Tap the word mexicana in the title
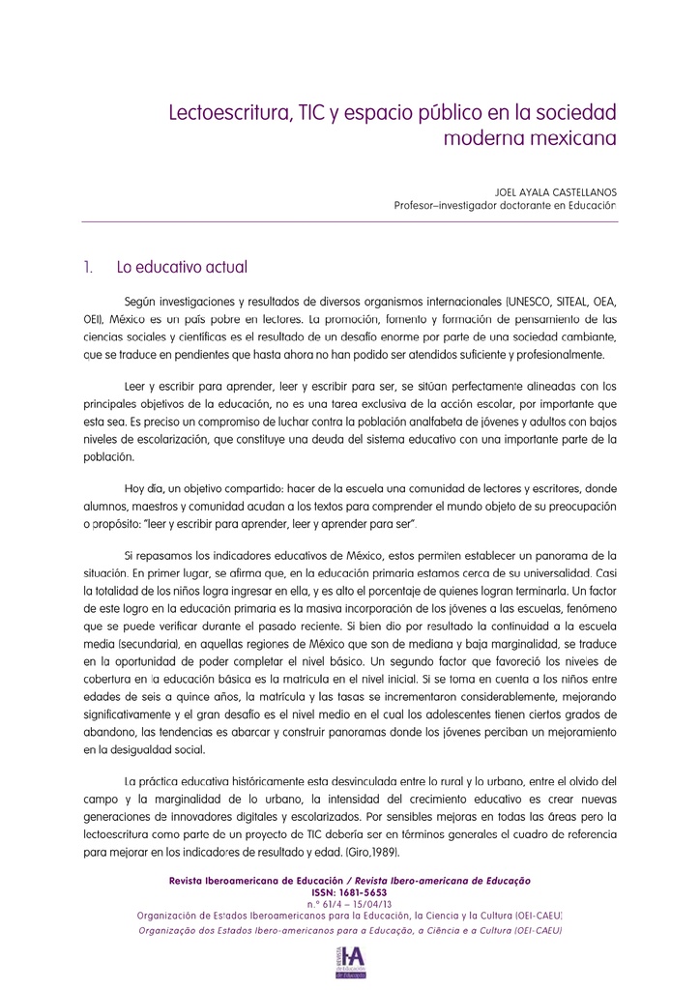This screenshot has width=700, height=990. click(569, 139)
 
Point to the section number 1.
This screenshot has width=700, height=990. click(87, 266)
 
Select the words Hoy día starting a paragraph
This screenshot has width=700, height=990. click(145, 489)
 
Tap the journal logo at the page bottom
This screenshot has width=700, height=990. click(349, 964)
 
